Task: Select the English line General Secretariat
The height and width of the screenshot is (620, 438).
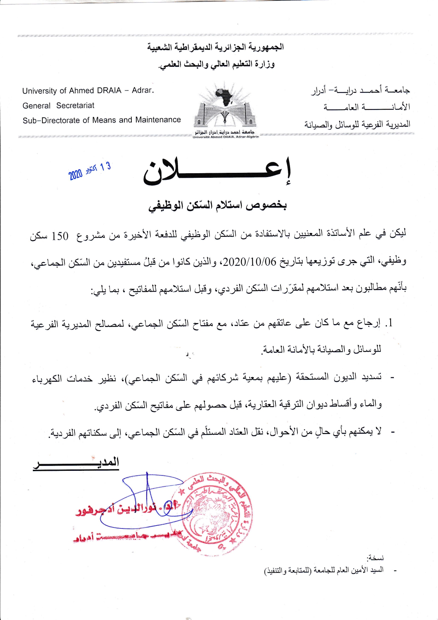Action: (x=58, y=106)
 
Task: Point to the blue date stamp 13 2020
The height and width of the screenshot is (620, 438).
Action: (x=90, y=171)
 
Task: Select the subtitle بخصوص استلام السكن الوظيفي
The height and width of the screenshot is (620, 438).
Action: (x=218, y=205)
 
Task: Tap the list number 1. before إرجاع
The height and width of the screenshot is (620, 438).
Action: (x=389, y=323)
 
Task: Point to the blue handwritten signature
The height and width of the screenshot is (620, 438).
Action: (x=152, y=502)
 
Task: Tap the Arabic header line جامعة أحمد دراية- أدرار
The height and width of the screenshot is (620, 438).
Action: (x=360, y=90)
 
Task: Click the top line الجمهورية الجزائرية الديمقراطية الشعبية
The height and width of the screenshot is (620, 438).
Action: (x=215, y=47)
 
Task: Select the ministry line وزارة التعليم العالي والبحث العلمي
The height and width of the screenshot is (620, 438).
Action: (x=217, y=65)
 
